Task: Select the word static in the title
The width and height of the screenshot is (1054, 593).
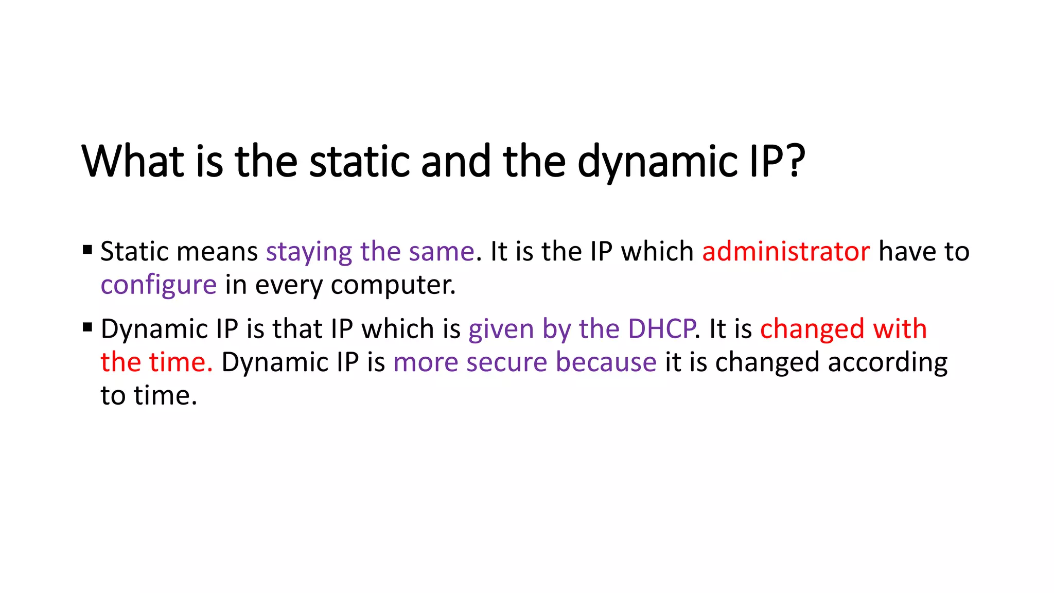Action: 359,161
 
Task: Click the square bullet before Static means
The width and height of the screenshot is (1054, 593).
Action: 87,251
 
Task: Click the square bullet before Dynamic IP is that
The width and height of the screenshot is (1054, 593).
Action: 87,327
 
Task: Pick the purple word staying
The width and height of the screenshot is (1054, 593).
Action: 309,252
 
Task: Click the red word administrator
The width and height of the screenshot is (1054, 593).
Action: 786,252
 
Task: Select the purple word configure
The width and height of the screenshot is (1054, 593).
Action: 159,285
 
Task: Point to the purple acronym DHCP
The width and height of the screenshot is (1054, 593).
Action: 661,329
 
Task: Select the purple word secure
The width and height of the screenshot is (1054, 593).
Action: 506,362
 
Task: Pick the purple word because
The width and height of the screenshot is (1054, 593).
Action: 606,362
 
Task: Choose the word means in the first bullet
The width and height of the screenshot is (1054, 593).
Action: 217,252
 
